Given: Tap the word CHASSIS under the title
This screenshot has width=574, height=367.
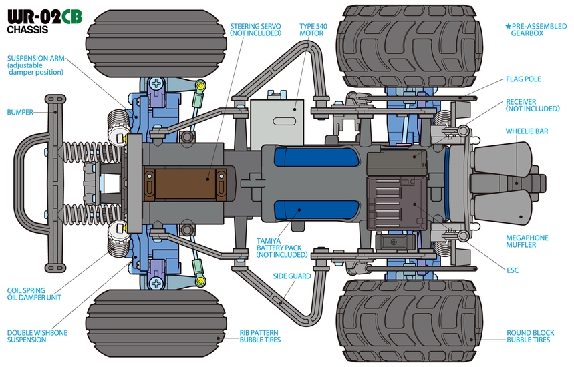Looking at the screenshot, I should click(x=27, y=30).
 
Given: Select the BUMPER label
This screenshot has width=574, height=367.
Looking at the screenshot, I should click(x=20, y=112).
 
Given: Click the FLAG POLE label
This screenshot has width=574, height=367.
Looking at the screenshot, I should click(x=523, y=79).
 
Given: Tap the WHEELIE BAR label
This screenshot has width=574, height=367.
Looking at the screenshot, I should click(x=527, y=131).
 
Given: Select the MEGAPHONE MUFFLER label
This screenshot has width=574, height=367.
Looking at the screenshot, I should click(x=527, y=241).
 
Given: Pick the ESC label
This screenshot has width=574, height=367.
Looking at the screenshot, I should click(x=513, y=270).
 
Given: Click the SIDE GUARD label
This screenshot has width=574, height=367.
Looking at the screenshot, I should click(x=291, y=276).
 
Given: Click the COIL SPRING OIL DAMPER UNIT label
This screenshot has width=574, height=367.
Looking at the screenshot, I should click(x=34, y=294).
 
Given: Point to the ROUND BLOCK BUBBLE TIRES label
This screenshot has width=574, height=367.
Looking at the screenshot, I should click(x=529, y=336).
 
